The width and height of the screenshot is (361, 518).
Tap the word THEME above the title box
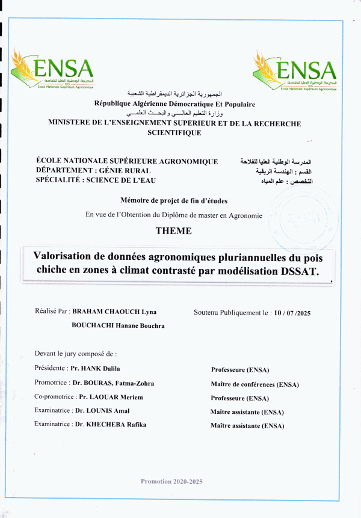[x=174, y=231]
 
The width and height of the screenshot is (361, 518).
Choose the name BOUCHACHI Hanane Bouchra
[x=118, y=325]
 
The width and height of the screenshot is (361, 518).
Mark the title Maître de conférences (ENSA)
[x=255, y=384]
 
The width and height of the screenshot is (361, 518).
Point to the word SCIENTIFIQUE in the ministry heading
[x=174, y=133]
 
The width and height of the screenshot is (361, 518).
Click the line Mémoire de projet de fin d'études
[x=174, y=200]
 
